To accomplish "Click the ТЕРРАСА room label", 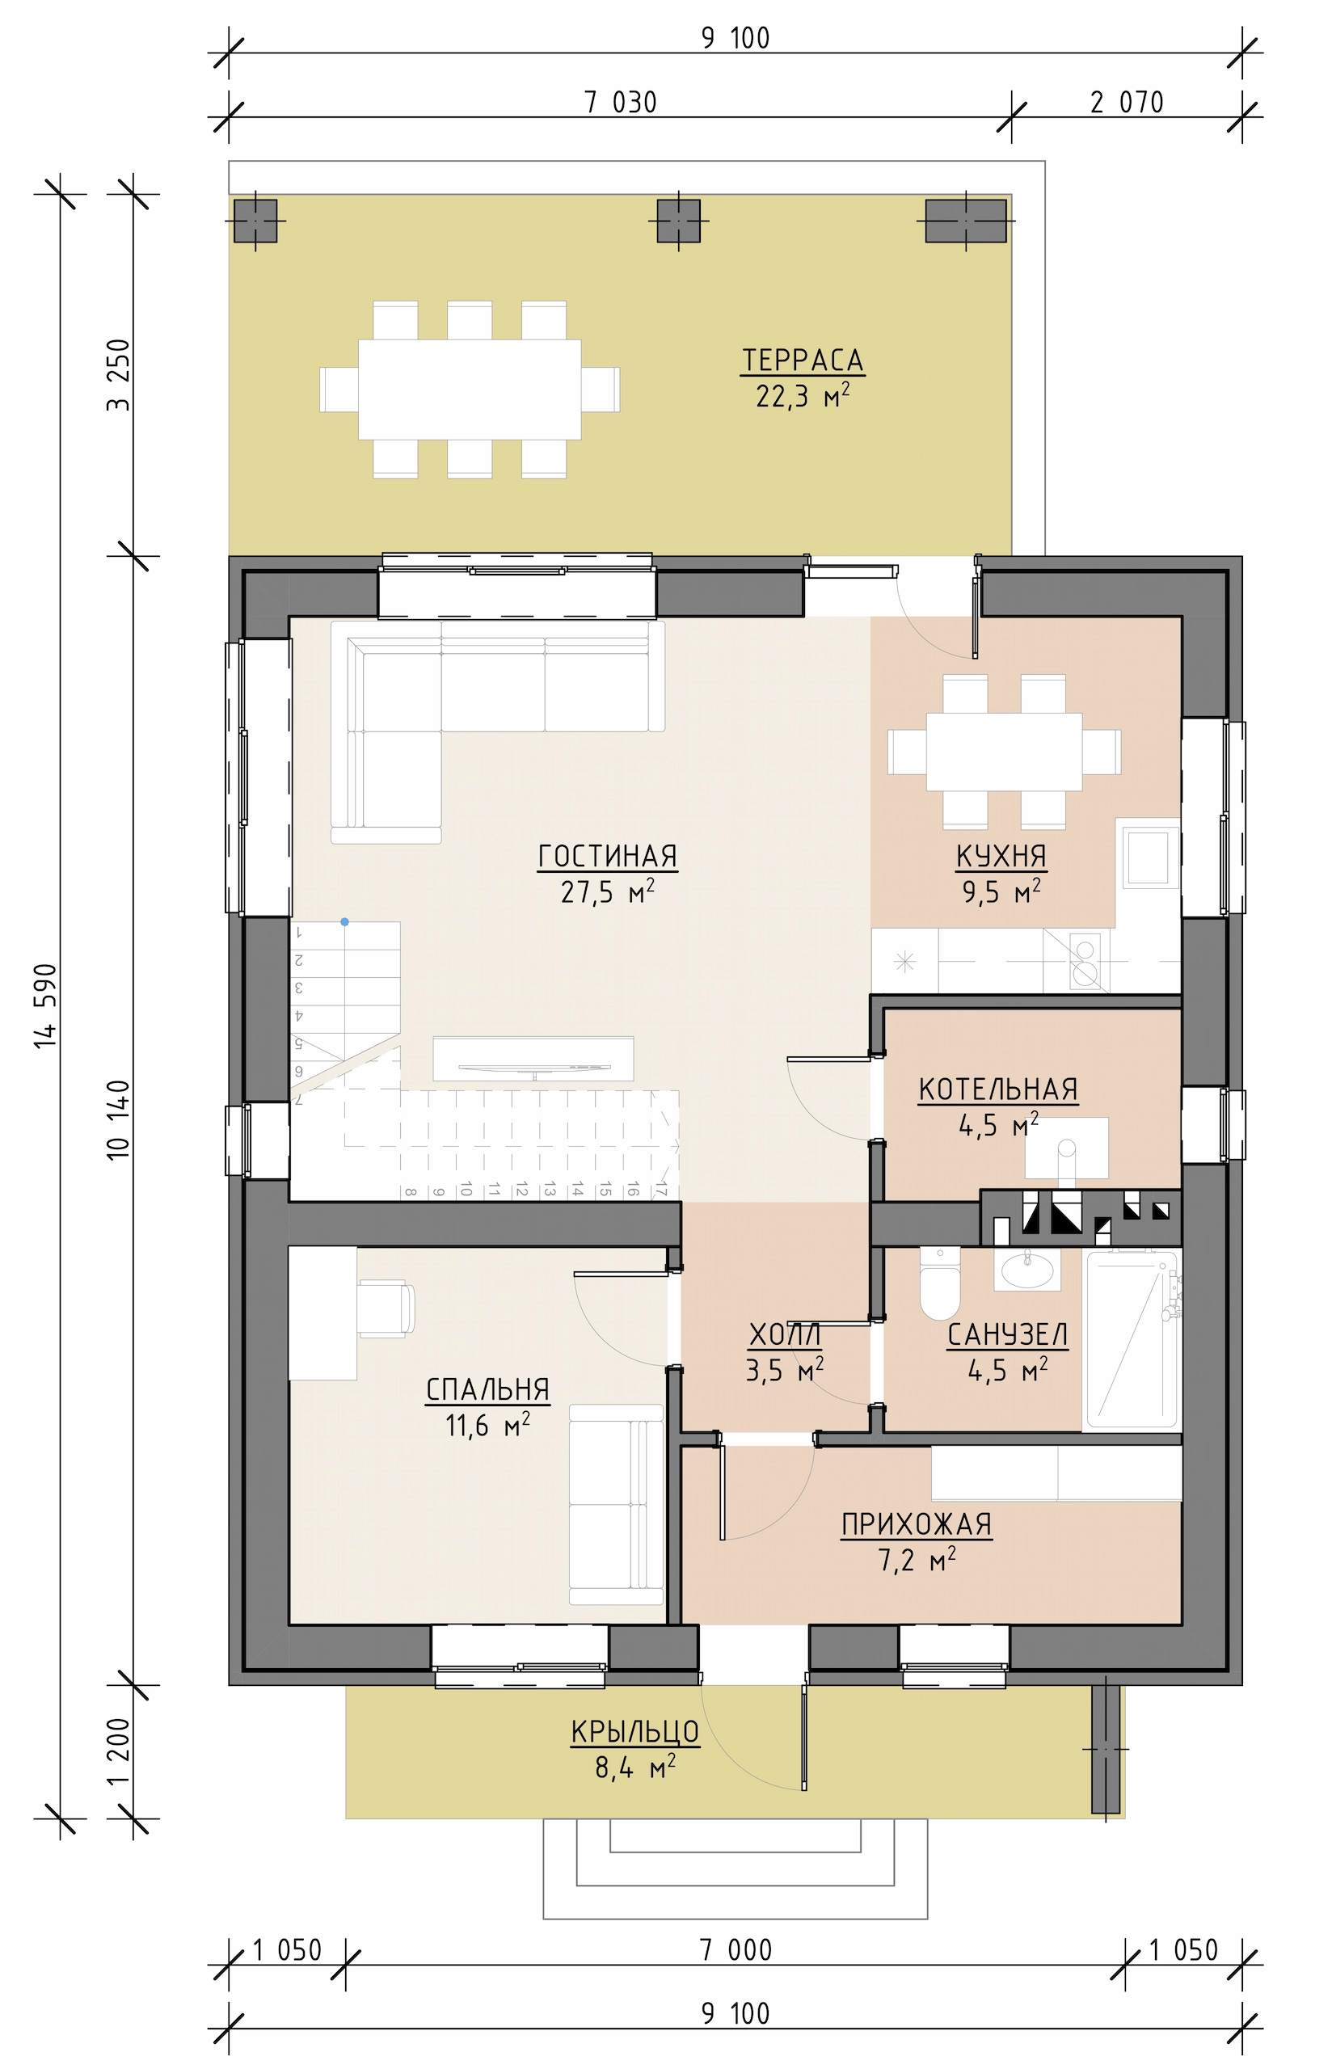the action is click(803, 360).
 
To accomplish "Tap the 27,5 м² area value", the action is click(607, 891).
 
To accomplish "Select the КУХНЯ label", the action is click(1001, 856).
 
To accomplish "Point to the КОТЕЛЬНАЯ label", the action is click(998, 1089).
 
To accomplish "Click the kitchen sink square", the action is click(1148, 858).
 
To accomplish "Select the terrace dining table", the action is click(470, 389).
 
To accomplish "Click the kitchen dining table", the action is click(1003, 752).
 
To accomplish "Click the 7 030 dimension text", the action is click(621, 103).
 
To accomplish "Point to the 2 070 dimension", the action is click(1127, 103).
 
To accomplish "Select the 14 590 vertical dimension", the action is click(46, 1005).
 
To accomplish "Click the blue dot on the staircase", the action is click(344, 921).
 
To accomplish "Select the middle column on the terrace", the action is click(678, 221).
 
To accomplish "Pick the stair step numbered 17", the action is click(661, 1190).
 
